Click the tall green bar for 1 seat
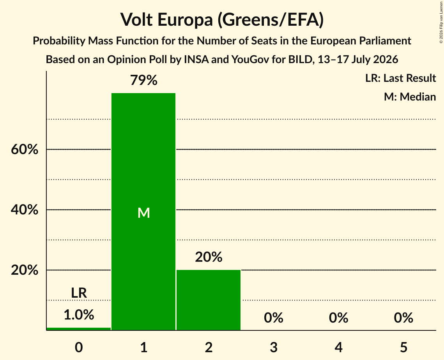coord(143,212)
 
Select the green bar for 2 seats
coord(209,300)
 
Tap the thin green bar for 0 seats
coord(78,328)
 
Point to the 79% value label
coord(143,80)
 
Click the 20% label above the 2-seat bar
coord(209,257)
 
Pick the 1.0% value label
coord(79,315)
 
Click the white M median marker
coord(143,213)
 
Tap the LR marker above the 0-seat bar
coord(79,293)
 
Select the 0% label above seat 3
coord(274,318)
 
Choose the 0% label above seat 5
coord(403,318)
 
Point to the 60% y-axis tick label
coord(25,149)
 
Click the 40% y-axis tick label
coord(25,210)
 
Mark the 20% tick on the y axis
coord(25,270)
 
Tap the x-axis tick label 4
coord(339,347)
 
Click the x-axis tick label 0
coord(79,347)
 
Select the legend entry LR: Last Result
coord(400,78)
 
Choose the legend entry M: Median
coord(410,97)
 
